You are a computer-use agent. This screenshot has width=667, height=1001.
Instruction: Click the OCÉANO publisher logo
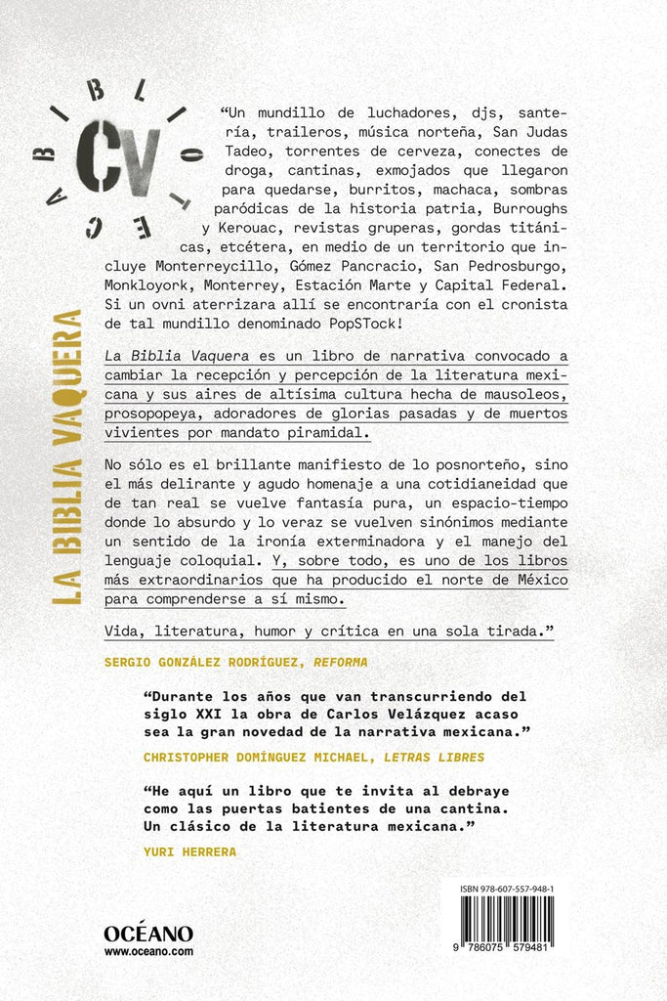148,934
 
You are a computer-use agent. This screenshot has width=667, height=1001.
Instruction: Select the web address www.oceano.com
148,951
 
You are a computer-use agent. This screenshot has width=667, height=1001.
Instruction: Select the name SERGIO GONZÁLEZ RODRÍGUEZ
199,662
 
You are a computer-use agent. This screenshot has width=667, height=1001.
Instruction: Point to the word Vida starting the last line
124,632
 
